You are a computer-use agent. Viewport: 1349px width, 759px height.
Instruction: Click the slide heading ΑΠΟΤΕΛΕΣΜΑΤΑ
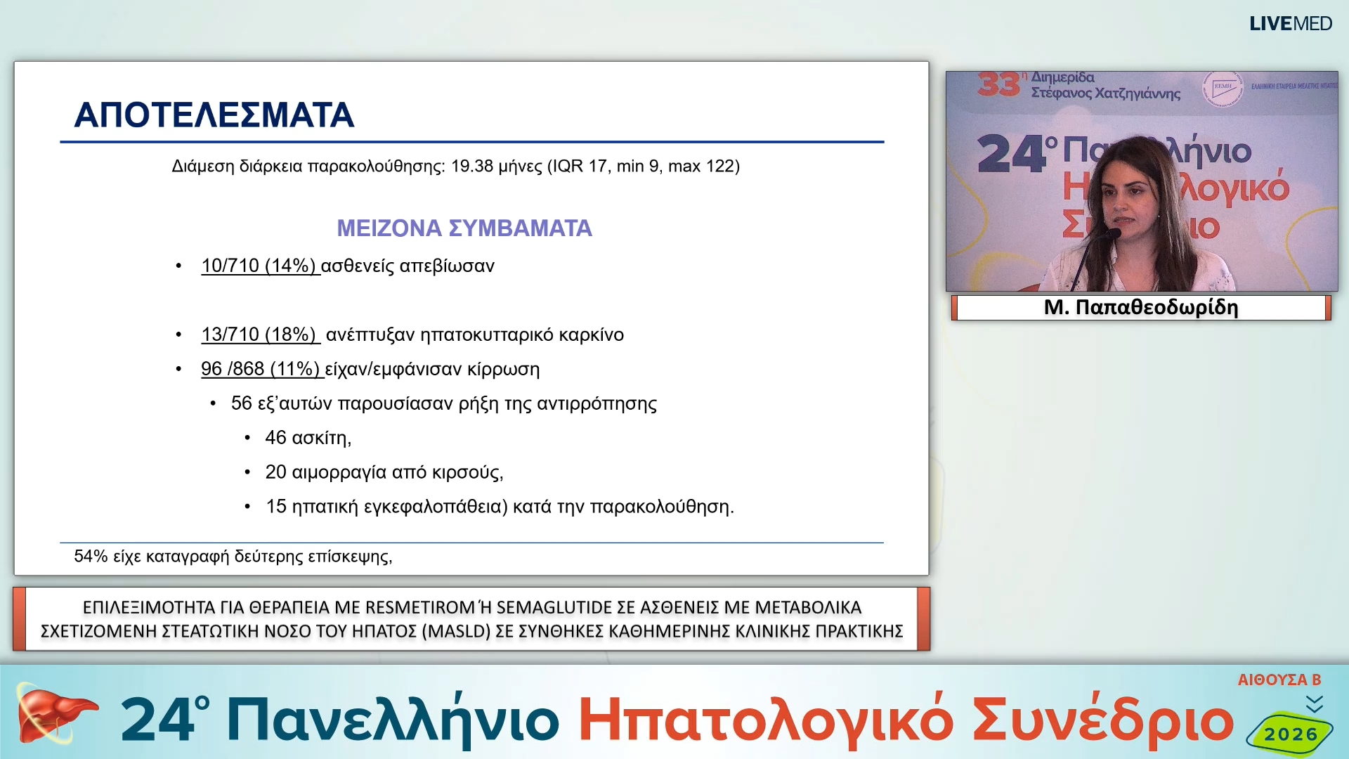(214, 115)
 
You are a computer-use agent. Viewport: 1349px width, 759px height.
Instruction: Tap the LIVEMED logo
(1290, 24)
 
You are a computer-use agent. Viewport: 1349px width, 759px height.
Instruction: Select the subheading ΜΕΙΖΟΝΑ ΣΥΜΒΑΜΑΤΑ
(464, 228)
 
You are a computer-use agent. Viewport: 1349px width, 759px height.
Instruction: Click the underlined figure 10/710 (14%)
(259, 266)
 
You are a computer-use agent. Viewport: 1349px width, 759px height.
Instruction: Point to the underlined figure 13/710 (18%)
(259, 335)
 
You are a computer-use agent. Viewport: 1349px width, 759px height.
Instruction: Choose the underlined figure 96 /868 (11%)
(260, 369)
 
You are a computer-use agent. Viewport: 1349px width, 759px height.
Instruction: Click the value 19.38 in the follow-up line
(471, 167)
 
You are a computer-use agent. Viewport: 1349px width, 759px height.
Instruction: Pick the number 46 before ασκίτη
(275, 438)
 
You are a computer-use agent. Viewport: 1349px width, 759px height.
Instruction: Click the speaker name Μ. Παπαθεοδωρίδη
(1141, 307)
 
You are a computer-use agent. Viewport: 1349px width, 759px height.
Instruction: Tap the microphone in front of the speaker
(1112, 234)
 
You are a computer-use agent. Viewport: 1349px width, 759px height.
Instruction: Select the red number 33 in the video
(998, 85)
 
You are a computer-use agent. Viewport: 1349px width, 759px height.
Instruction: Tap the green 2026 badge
(1290, 734)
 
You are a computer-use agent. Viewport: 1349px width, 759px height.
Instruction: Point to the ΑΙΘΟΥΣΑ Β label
(1279, 680)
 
